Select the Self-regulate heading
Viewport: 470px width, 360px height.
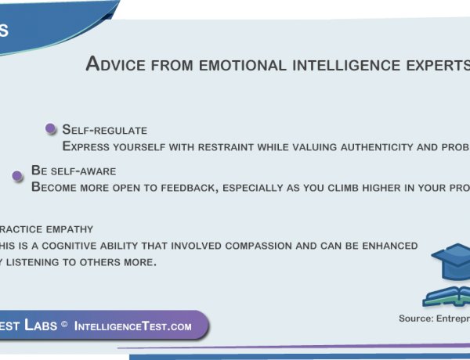pos(104,130)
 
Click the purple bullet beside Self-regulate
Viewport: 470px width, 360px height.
pos(51,129)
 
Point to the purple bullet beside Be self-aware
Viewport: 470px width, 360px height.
pos(17,176)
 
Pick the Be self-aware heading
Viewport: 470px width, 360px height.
pos(74,170)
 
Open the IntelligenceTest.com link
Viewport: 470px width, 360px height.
pos(133,326)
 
